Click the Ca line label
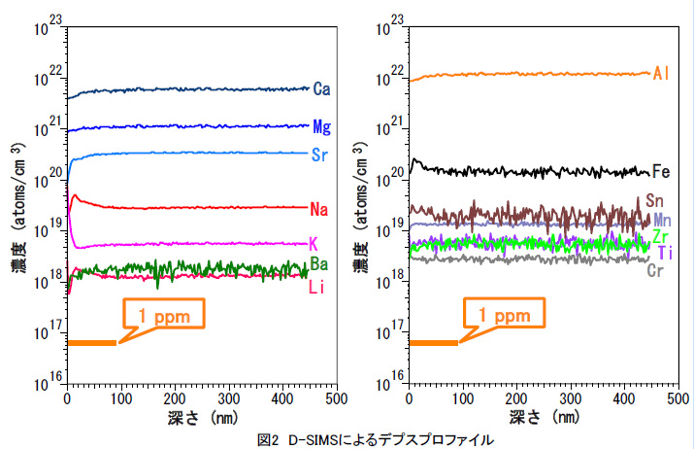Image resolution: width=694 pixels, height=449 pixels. pos(322,89)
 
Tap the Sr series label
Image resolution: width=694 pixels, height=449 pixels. pos(322,154)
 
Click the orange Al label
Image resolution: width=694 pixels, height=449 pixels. pos(664,73)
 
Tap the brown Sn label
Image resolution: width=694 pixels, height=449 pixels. pos(656,200)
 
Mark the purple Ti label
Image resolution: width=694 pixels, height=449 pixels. pos(665,253)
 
